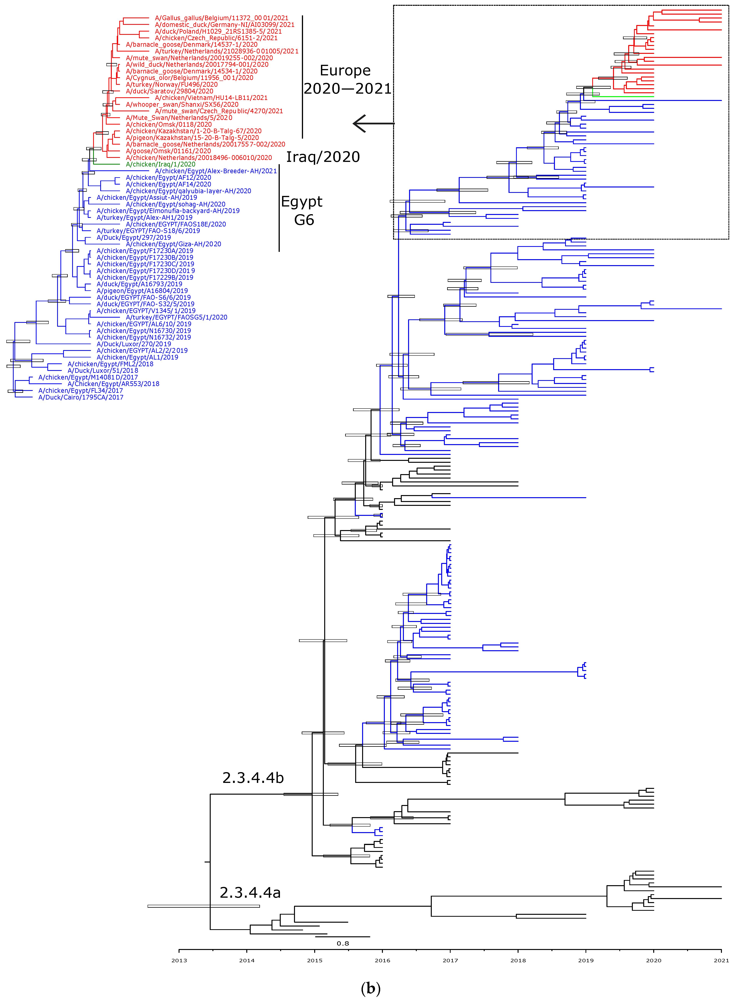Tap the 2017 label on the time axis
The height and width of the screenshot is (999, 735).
[x=450, y=960]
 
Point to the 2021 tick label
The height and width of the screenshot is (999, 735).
[x=721, y=960]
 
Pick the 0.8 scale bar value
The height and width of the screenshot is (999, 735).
[x=343, y=943]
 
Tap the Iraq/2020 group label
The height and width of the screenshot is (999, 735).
[x=322, y=157]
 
